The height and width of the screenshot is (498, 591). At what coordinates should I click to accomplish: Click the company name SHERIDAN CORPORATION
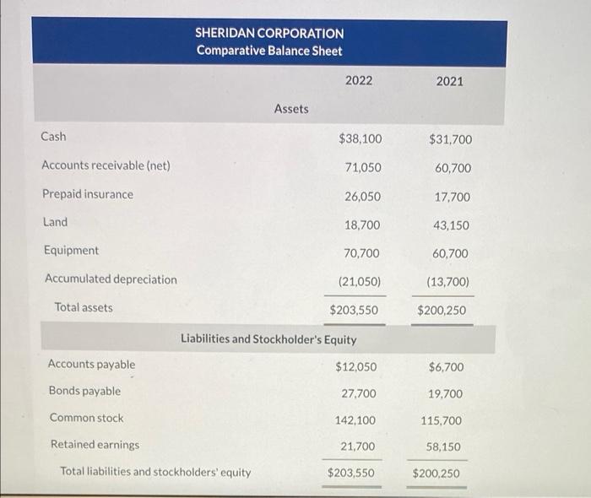point(269,33)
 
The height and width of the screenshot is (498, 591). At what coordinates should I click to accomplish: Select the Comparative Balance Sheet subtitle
point(269,51)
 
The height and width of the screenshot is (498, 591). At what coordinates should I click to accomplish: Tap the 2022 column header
point(359,80)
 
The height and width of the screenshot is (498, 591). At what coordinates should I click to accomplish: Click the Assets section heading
point(291,109)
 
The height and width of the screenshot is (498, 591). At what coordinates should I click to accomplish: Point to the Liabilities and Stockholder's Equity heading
point(268,339)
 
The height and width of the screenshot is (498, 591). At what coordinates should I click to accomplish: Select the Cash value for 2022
point(360,138)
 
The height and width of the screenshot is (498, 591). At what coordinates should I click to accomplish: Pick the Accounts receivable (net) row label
point(106,165)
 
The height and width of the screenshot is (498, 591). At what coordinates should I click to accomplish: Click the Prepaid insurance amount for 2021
point(453,197)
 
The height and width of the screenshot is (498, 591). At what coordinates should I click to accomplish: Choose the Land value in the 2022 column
point(363,225)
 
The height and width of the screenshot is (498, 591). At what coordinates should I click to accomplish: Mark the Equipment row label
point(71,251)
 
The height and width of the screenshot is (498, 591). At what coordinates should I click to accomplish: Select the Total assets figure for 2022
point(354,310)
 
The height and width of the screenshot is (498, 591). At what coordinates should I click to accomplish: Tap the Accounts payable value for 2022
point(356,366)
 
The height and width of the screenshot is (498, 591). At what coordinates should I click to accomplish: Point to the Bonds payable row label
point(84,391)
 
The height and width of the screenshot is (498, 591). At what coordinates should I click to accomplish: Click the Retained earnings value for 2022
point(358,446)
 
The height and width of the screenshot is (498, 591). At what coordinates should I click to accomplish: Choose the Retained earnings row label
point(95,444)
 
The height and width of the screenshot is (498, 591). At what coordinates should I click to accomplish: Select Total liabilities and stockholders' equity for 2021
point(437,474)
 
